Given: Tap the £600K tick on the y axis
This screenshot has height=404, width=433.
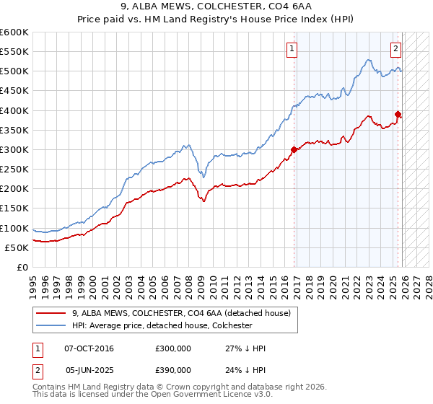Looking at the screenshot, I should tap(14, 32).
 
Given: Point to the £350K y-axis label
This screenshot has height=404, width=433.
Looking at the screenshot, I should tap(14, 130).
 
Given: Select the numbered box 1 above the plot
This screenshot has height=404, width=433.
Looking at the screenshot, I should tap(292, 49).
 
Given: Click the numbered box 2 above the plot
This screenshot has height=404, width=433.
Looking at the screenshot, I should tap(396, 49).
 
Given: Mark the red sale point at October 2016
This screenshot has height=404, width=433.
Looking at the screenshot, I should tap(294, 150).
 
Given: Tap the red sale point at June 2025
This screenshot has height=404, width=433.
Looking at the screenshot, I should tap(398, 114).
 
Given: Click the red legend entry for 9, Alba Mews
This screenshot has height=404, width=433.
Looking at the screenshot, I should tap(180, 313).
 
